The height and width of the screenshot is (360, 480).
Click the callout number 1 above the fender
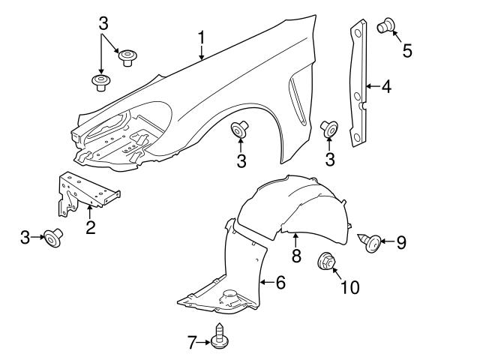click(201, 37)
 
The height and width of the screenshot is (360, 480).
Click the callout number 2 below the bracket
click(90, 226)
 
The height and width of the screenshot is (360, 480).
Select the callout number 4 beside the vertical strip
click(385, 88)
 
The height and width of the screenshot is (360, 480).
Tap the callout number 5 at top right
click(407, 51)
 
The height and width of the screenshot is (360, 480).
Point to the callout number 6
click(280, 283)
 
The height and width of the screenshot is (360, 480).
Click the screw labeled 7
click(219, 336)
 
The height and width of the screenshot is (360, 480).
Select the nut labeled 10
click(326, 262)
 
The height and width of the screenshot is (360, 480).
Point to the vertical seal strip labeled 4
click(359, 82)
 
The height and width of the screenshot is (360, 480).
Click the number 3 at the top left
click(103, 22)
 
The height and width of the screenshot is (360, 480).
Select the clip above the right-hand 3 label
click(329, 129)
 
